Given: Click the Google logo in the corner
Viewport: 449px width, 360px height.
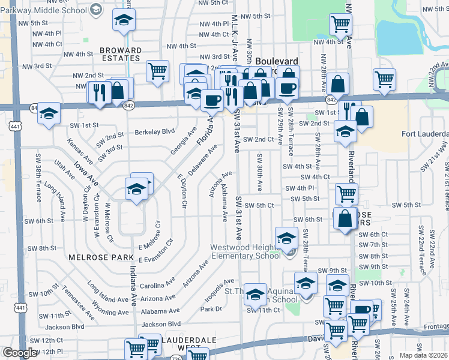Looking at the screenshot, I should point(20,353).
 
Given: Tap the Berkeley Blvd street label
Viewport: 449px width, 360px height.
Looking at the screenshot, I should point(154,131).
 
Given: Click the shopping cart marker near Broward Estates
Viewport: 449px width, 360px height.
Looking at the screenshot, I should point(157,70).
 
